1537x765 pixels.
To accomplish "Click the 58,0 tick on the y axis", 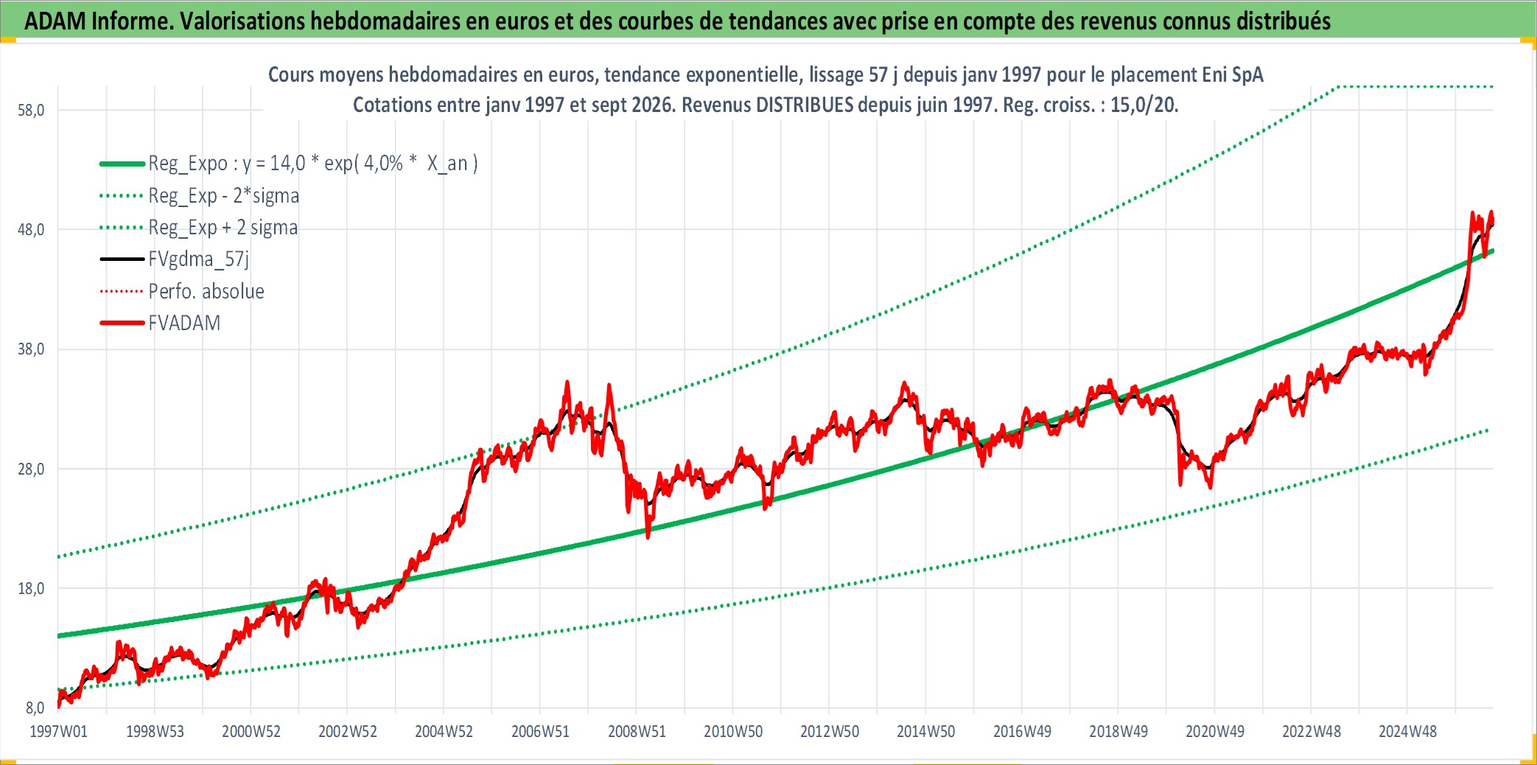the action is [x=31, y=111].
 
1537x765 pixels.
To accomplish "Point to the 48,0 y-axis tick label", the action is [x=31, y=230].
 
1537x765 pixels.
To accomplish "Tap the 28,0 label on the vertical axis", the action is [x=31, y=469].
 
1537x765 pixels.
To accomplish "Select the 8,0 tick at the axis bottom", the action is [x=35, y=708].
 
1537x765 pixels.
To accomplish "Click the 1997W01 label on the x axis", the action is [x=58, y=732].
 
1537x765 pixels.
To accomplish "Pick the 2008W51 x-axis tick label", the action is [x=637, y=732].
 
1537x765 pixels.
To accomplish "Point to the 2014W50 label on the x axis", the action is [x=925, y=732].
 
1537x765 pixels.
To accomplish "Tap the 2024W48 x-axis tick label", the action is [x=1407, y=732].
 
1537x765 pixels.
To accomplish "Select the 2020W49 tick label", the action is [x=1215, y=732].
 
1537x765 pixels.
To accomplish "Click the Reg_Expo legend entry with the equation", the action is [x=289, y=164].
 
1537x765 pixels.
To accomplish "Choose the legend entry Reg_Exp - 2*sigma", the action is [x=200, y=196].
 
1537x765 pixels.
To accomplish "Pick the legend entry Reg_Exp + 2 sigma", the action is [x=199, y=228].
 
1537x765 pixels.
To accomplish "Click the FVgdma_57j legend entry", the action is [x=175, y=259].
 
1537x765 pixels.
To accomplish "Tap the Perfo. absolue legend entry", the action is [x=182, y=292].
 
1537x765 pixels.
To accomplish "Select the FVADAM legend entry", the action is [x=161, y=324].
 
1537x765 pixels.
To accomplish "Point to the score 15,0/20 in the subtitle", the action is [x=1144, y=105].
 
